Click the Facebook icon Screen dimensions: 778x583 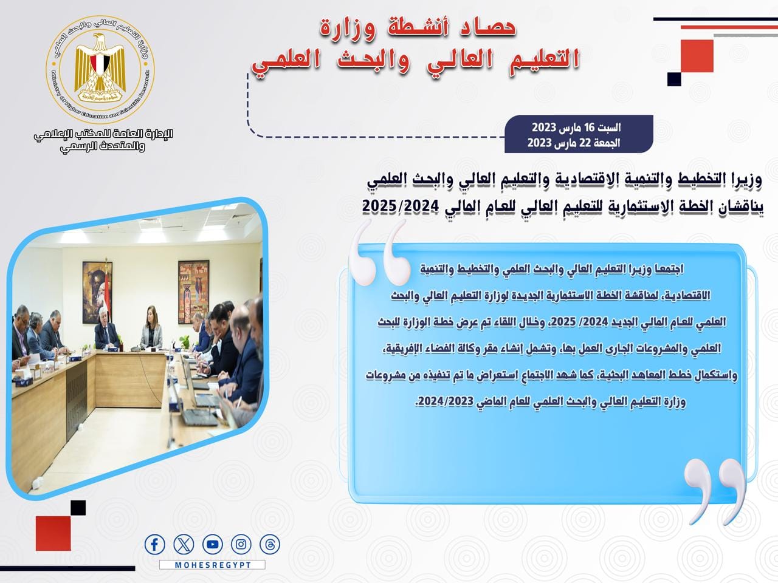point(154,544)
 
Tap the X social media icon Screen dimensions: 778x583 point(184,544)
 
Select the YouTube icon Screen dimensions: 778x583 point(213,544)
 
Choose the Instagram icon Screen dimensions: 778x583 point(241,544)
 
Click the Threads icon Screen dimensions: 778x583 point(270,544)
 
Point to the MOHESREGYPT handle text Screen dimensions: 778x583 point(213,565)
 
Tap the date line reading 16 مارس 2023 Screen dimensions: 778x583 point(576,127)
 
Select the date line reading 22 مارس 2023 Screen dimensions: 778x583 point(574,143)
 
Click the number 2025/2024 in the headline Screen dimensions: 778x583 point(400,206)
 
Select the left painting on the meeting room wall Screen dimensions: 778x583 point(97,292)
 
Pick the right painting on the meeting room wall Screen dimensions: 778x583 point(193,291)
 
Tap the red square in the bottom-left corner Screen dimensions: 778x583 point(53,533)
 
